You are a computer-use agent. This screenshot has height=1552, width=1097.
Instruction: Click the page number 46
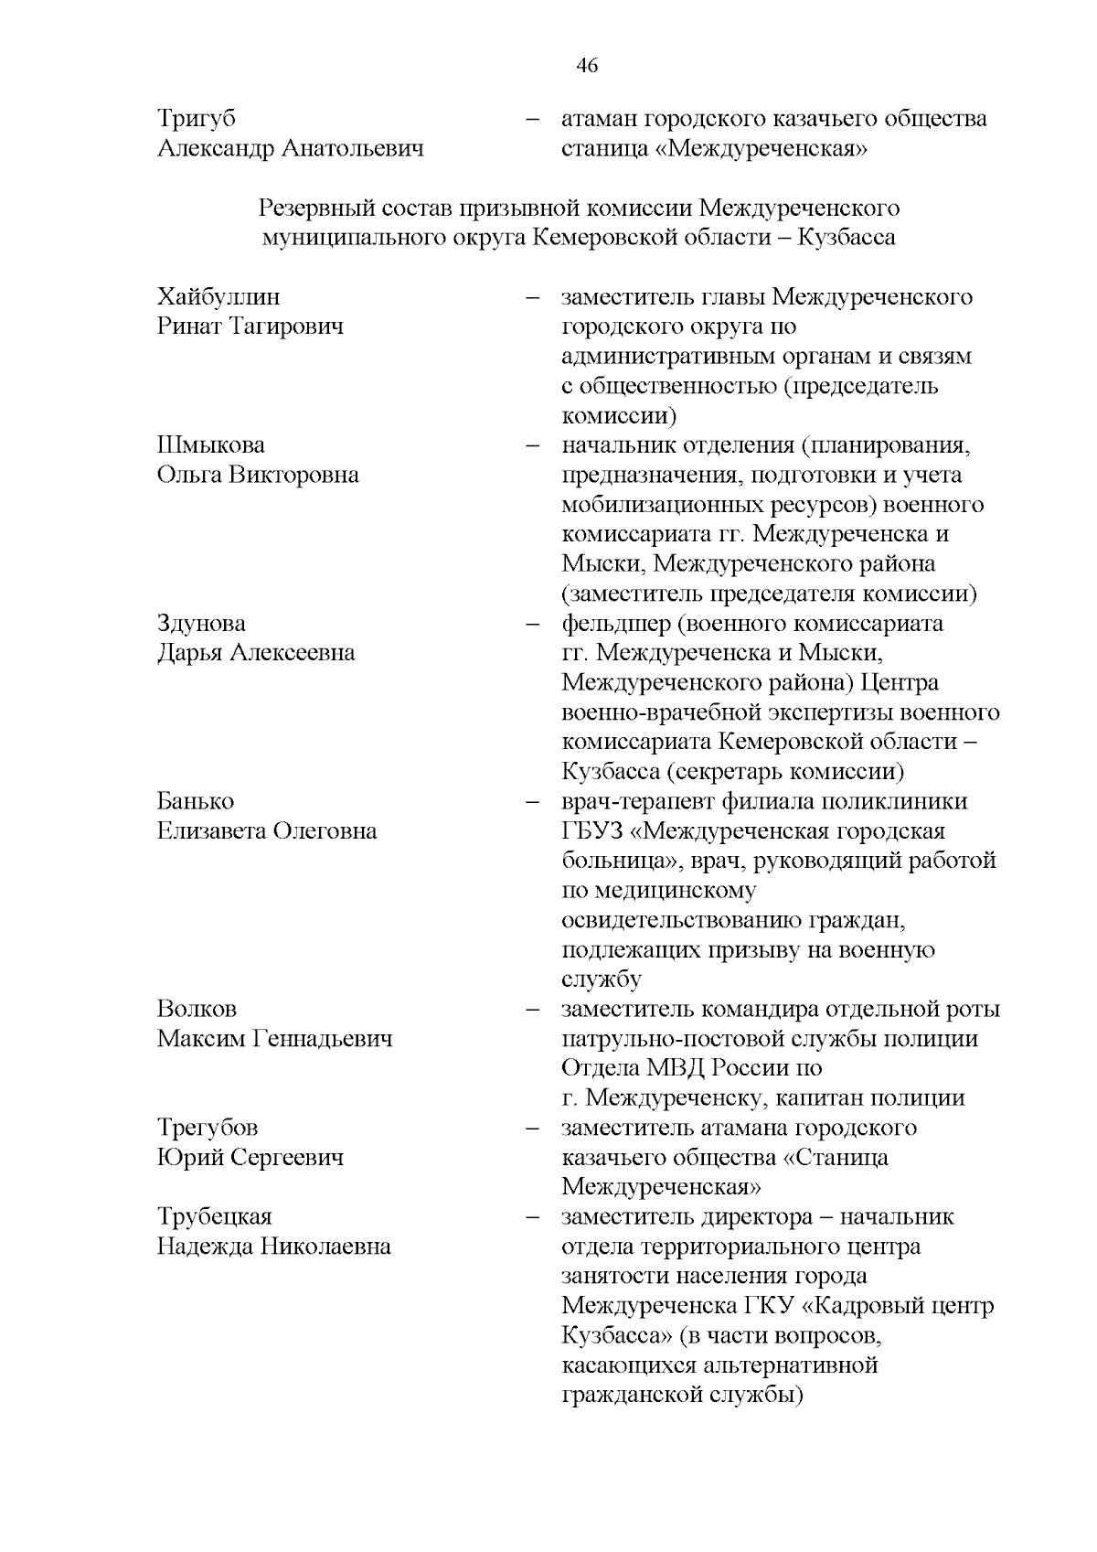tap(587, 65)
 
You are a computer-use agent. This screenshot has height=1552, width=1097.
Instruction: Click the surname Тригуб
tap(197, 119)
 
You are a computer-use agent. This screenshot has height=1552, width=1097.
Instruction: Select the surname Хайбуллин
tap(218, 297)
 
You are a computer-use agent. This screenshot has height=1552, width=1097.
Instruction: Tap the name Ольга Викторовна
tap(258, 476)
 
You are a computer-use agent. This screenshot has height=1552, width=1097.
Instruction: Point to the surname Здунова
tap(201, 624)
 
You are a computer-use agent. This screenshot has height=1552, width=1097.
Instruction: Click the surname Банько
tap(196, 802)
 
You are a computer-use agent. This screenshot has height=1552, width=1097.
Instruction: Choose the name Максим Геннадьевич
tap(275, 1039)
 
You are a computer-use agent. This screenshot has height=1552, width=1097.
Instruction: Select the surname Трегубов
tap(208, 1128)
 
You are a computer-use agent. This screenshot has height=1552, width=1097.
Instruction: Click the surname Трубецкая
tap(215, 1217)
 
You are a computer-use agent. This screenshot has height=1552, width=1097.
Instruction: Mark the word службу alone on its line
tap(601, 979)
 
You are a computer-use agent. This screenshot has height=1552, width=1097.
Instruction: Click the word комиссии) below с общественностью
tap(619, 416)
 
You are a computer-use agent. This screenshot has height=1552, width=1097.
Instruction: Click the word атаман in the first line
tap(600, 119)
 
